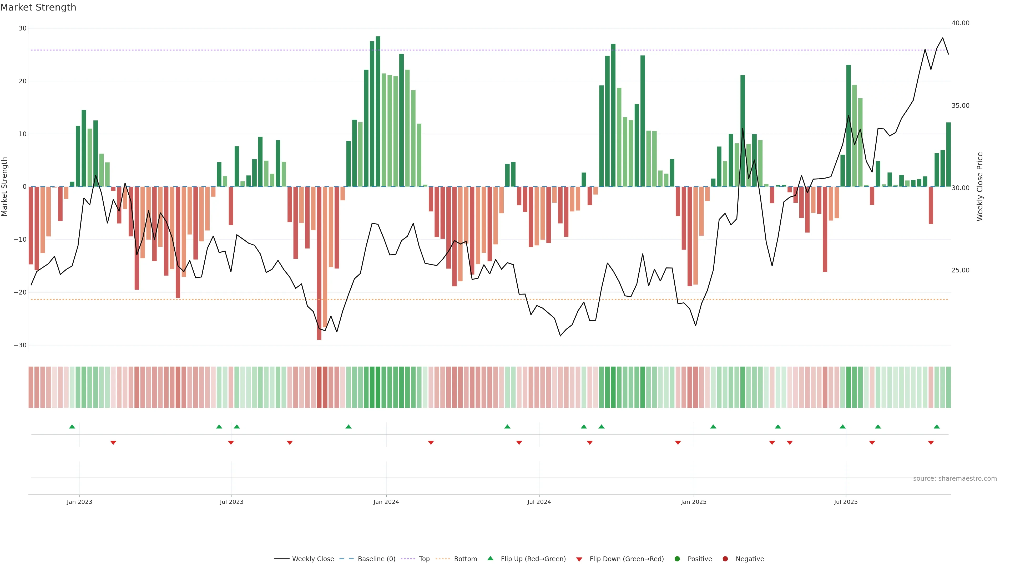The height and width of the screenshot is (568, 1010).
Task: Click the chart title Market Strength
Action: [38, 7]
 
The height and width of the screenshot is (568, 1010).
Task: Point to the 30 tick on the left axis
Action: [22, 28]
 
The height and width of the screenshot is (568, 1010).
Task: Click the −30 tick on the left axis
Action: [20, 345]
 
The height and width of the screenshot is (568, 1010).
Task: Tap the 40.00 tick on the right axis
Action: [960, 23]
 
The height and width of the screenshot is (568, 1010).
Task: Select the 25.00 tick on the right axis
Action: [960, 270]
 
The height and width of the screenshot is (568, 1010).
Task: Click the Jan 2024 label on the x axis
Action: [386, 502]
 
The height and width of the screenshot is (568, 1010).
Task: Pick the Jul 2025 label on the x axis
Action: [845, 502]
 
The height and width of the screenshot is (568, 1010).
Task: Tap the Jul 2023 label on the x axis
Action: [231, 502]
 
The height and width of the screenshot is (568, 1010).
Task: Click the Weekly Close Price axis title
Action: [980, 187]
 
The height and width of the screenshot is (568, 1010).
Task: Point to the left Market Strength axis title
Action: [5, 187]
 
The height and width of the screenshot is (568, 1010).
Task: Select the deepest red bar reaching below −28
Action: [319, 263]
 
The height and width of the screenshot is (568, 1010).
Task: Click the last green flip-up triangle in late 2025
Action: [937, 427]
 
